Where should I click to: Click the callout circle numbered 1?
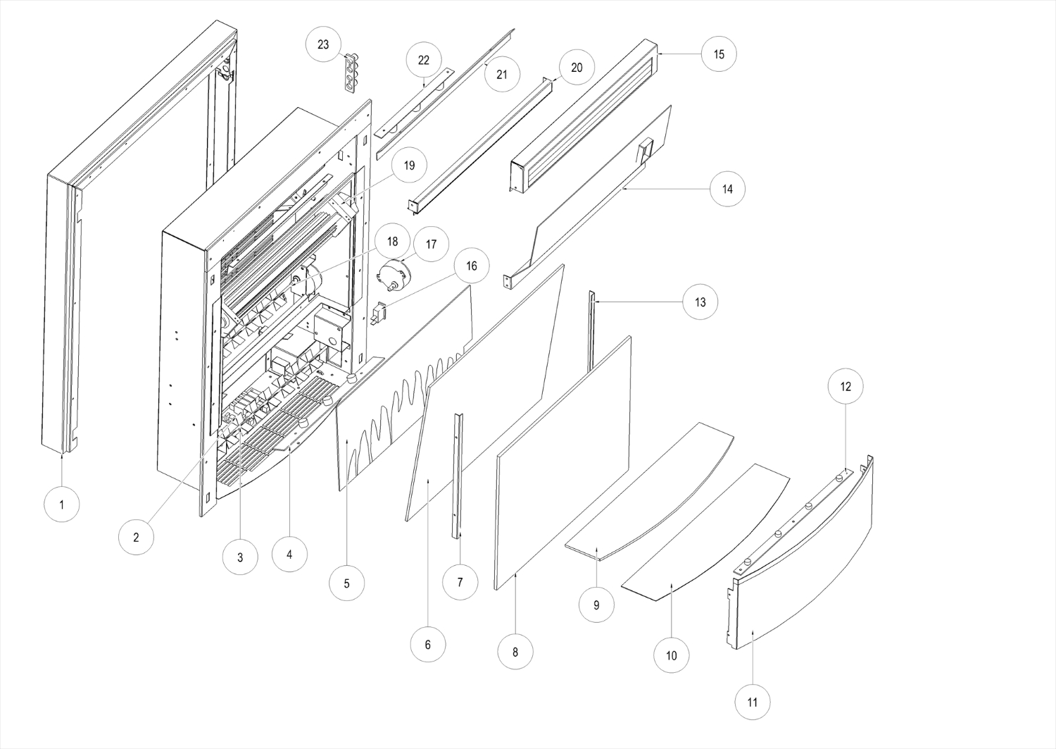tap(62, 505)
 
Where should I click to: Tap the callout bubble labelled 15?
tap(719, 54)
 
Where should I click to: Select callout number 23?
tap(323, 44)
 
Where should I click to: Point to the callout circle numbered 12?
tap(846, 386)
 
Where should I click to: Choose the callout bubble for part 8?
tap(515, 652)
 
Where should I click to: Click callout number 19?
tap(409, 166)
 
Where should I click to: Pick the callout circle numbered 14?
tap(727, 189)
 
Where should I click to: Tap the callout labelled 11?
tap(753, 702)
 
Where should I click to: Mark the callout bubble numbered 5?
tap(347, 583)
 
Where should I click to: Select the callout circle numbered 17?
tap(432, 244)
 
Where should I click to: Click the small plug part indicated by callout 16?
tap(379, 312)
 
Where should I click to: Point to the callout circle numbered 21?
tap(502, 73)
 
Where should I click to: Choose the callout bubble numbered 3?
tap(240, 557)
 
